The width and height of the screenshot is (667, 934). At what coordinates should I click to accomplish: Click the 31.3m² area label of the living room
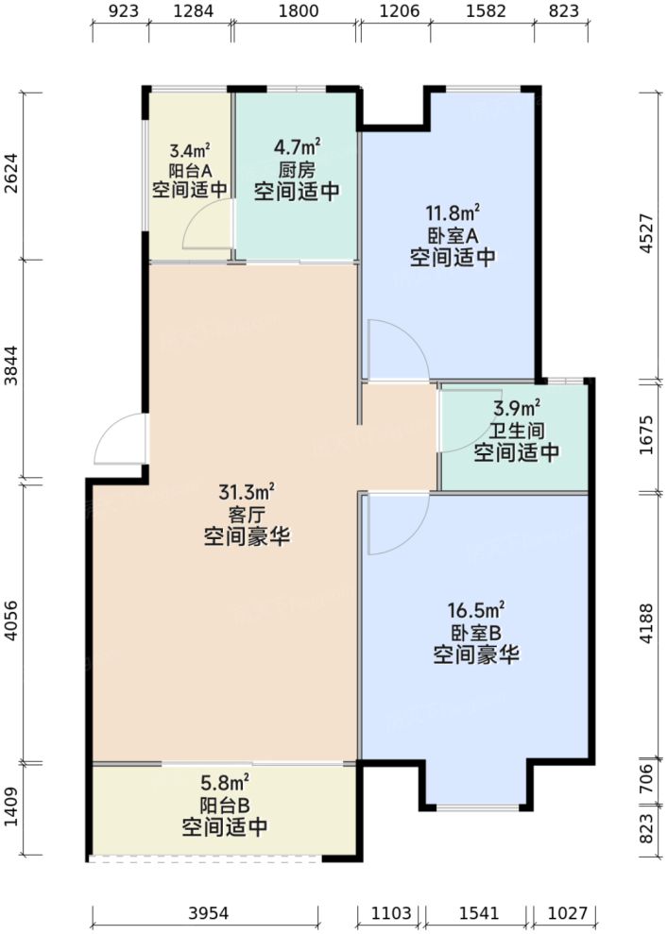coord(247,493)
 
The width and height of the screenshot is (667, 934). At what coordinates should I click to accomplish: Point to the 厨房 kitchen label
coord(296,170)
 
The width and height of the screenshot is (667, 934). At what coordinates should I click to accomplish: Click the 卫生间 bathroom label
coord(516,432)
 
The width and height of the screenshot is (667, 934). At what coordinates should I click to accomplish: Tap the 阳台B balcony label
coord(224,807)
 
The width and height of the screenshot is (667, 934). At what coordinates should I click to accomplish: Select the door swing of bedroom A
coord(392,349)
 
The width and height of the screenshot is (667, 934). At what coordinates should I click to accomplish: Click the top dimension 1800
coord(295,12)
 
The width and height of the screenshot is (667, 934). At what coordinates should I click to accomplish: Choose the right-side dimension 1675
coord(649,436)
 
